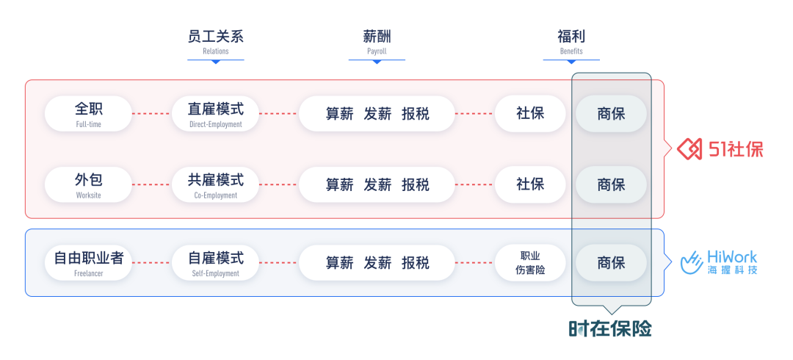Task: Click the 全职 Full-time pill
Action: click(89, 114)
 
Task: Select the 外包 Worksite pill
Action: click(89, 185)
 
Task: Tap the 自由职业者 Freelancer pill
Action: click(89, 263)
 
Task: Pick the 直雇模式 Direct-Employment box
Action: click(215, 114)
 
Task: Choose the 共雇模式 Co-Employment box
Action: click(215, 185)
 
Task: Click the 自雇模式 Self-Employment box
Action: click(215, 263)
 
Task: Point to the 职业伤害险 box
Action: click(530, 263)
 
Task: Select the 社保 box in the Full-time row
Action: click(530, 114)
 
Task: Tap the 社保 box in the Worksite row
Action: click(530, 185)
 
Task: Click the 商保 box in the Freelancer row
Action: click(611, 263)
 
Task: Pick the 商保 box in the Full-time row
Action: click(611, 114)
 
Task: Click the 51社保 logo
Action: click(720, 149)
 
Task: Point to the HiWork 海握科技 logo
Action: click(719, 262)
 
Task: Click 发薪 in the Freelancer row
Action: click(377, 263)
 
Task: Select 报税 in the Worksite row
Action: click(416, 185)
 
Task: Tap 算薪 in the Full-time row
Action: click(339, 114)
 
